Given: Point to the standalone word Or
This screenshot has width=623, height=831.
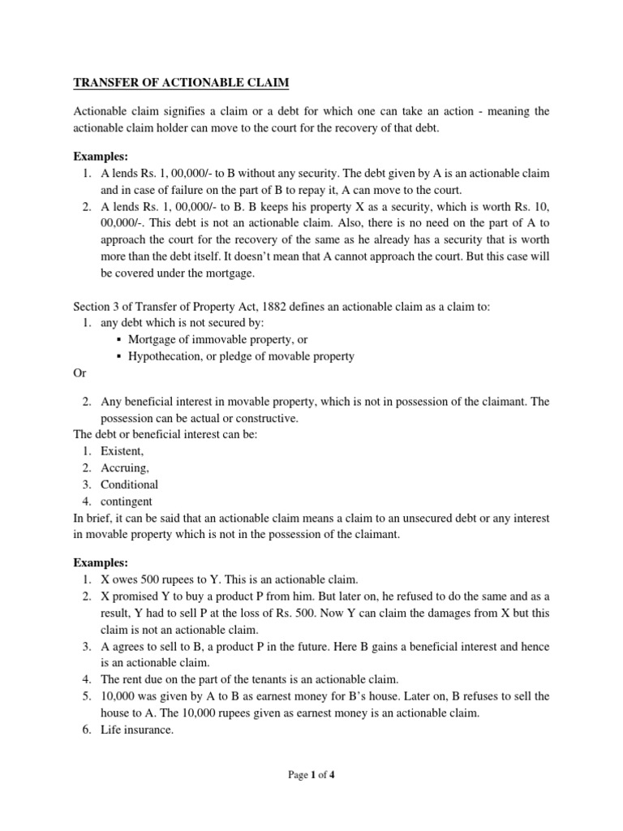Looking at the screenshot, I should tap(80, 374).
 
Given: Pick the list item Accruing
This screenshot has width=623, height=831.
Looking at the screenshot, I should tap(125, 468).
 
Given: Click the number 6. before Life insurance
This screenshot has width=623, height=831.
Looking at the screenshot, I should tap(86, 730).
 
